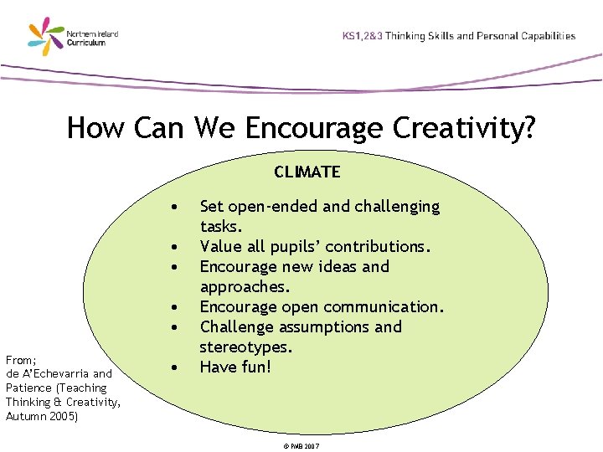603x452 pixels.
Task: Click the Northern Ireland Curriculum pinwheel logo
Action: tap(46, 38)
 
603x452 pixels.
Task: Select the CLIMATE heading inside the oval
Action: tap(307, 172)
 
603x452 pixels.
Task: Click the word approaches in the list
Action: tap(244, 287)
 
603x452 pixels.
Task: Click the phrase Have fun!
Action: tap(235, 367)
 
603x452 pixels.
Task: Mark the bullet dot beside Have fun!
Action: tap(173, 367)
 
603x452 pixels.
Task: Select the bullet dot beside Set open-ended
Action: tap(173, 206)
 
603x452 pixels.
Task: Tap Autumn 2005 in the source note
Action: tap(42, 416)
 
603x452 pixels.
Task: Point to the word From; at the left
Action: tap(21, 359)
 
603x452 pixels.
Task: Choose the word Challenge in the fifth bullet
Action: tap(236, 326)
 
